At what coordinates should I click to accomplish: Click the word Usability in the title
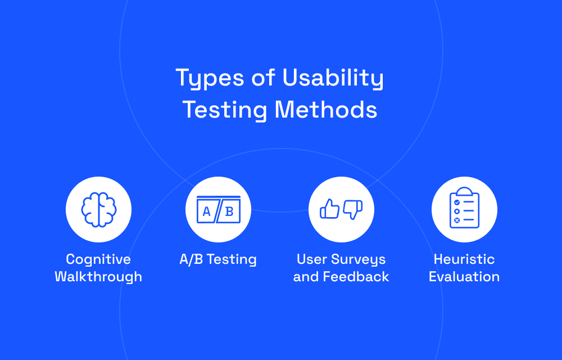click(x=333, y=78)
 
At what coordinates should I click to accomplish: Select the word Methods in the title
click(x=326, y=109)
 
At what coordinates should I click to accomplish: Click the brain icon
click(x=98, y=209)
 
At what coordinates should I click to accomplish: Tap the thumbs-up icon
click(x=329, y=209)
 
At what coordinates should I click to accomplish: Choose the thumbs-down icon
click(x=353, y=209)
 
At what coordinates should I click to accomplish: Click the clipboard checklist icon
click(x=464, y=208)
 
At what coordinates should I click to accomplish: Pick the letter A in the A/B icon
click(x=206, y=211)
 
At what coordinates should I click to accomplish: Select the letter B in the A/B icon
click(x=229, y=211)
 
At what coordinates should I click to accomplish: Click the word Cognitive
click(x=98, y=260)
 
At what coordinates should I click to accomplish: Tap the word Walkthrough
click(x=98, y=277)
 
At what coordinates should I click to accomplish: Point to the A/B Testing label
click(x=218, y=259)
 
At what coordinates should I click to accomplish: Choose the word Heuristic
click(x=464, y=259)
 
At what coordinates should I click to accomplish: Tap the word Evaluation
click(x=464, y=277)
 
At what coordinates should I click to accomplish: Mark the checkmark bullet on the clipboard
click(x=457, y=202)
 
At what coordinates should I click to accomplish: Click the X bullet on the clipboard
click(x=457, y=220)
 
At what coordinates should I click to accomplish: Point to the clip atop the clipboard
click(x=465, y=191)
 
